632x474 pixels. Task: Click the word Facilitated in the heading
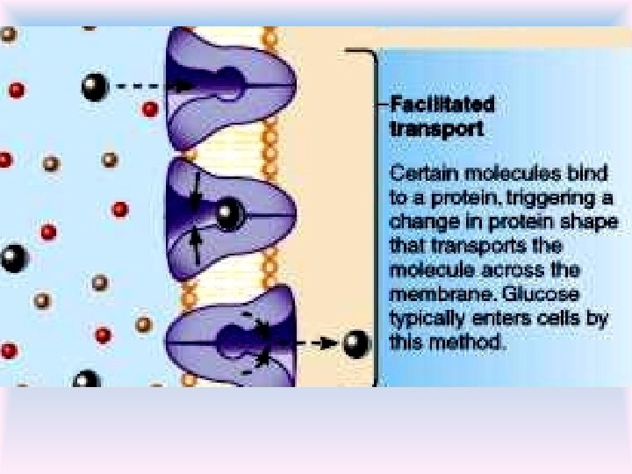tap(442, 104)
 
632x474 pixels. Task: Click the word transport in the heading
tap(436, 128)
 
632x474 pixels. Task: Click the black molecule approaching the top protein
tap(94, 86)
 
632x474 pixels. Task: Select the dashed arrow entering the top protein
tap(154, 86)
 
